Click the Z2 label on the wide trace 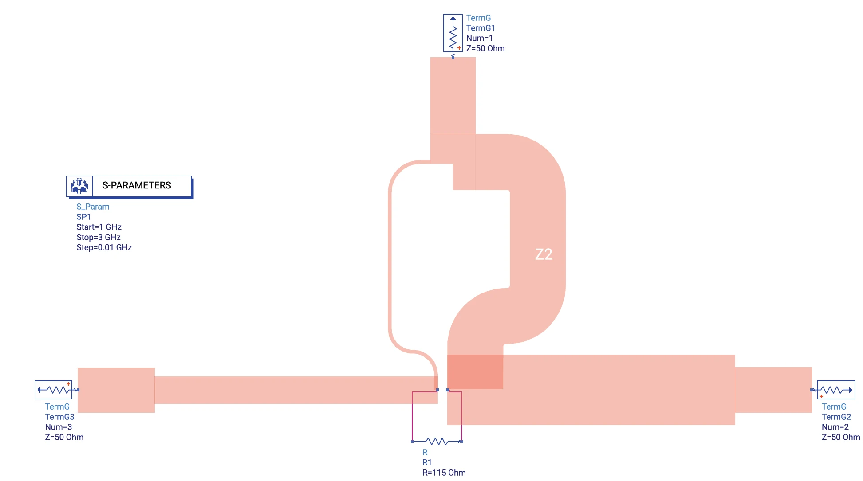(544, 254)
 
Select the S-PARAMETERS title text (137, 185)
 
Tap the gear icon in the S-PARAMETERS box (79, 186)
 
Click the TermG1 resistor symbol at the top (453, 33)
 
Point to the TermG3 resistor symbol (54, 390)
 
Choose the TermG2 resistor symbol (836, 390)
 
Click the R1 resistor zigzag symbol (437, 442)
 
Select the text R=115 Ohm (444, 473)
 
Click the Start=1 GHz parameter (99, 227)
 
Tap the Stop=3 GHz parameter (99, 237)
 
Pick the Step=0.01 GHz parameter (104, 247)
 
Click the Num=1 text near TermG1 (479, 38)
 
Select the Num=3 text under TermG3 (59, 427)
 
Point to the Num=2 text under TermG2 (835, 427)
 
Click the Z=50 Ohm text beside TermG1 (485, 48)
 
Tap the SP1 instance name (83, 217)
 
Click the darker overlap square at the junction (475, 372)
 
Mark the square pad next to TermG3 (116, 390)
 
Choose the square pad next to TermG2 (773, 390)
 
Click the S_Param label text (93, 207)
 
